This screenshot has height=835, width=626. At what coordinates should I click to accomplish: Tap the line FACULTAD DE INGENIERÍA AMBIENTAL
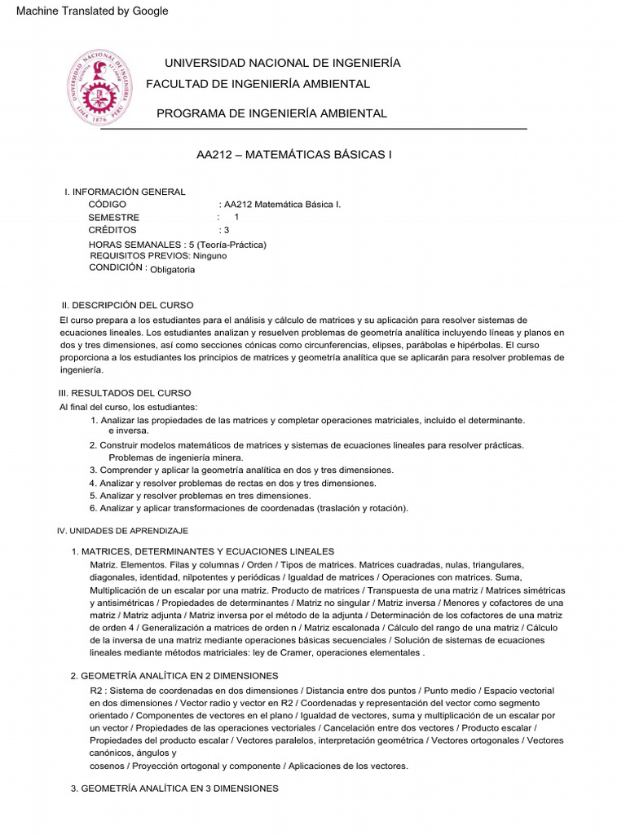pos(258,84)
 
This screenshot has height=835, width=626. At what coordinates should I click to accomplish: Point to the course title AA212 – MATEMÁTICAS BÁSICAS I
pos(294,153)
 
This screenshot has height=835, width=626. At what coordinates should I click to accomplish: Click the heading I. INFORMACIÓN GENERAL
pos(125,192)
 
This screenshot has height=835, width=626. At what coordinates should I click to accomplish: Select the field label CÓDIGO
pos(108,205)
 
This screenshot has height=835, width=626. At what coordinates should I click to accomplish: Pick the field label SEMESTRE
pos(114,218)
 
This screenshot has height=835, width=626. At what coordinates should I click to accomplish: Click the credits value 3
pos(227,230)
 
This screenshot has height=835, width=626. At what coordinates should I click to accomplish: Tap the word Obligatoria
pos(173,269)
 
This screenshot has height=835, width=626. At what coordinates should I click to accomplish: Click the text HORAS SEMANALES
pos(134,245)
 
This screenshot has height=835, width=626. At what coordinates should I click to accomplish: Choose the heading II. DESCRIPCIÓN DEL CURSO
pos(128,304)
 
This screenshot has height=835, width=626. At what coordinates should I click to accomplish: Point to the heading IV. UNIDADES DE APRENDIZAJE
pos(122,531)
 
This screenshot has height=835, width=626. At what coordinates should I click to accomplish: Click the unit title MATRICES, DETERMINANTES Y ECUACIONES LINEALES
pos(208,552)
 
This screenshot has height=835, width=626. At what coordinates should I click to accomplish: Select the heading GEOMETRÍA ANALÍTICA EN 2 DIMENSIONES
pos(180,676)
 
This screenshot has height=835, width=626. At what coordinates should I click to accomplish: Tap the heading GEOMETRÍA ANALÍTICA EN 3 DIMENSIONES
pos(180,789)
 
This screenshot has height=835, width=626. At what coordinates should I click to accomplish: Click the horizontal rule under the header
pos(314,129)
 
